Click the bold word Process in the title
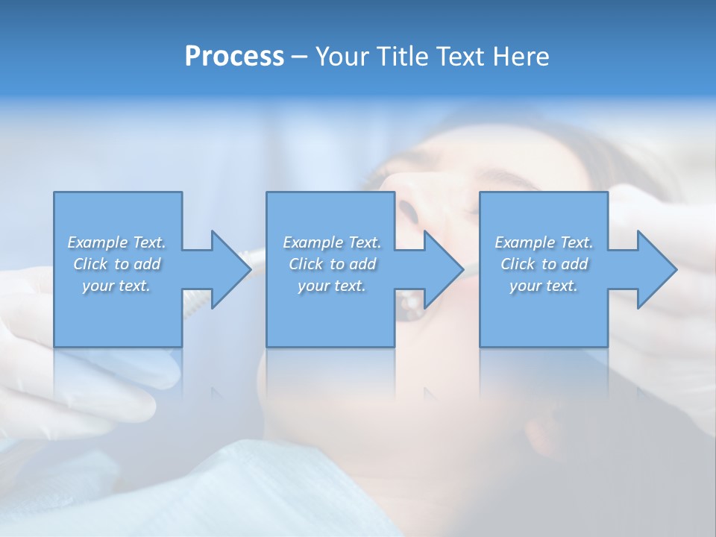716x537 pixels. point(234,57)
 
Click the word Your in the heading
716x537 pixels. point(342,57)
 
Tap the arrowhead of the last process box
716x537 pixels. point(656,269)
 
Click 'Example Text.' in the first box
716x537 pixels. point(116,242)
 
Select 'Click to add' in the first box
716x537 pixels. point(116,264)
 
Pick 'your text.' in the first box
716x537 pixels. point(116,286)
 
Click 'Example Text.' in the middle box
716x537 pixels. point(332,242)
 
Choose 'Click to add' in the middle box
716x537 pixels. point(332,264)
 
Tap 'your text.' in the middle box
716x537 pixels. point(332,286)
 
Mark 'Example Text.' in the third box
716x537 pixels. point(544,242)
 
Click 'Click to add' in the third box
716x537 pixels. point(544,264)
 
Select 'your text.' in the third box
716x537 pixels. point(544,286)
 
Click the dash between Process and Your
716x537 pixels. point(299,57)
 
